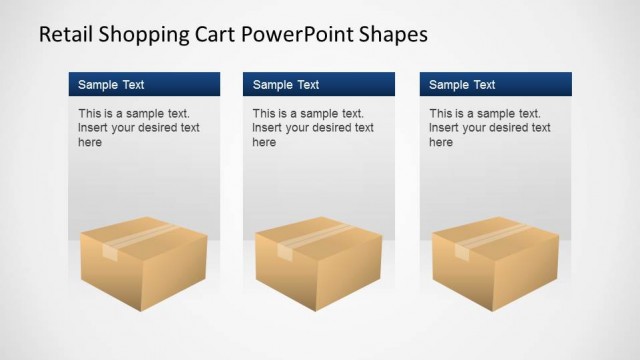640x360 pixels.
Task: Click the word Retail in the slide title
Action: click(x=63, y=34)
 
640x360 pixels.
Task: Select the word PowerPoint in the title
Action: click(x=294, y=34)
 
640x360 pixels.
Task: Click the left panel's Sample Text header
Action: click(x=111, y=85)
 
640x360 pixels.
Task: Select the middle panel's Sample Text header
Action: click(x=286, y=85)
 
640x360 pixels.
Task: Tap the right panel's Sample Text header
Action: click(x=462, y=85)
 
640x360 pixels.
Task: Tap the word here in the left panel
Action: click(x=90, y=143)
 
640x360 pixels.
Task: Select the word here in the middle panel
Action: click(x=264, y=143)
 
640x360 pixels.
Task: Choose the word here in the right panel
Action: click(x=441, y=143)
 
